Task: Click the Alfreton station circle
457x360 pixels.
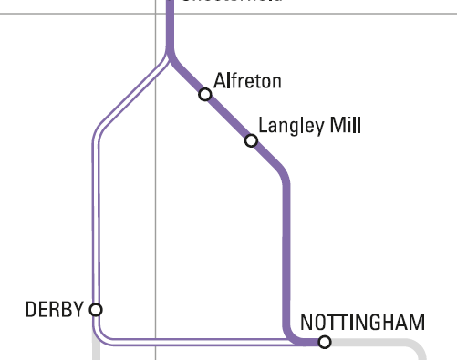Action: coord(205,94)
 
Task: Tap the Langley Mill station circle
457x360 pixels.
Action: coord(251,140)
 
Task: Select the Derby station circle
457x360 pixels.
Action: coord(96,309)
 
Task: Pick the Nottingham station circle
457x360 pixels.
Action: coord(324,342)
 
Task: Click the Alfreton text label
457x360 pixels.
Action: coord(247,81)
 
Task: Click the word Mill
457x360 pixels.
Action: coord(347,125)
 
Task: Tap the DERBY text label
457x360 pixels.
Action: coord(54,310)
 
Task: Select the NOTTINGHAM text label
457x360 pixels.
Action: coord(362,323)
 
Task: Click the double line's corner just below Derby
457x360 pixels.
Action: coord(99,338)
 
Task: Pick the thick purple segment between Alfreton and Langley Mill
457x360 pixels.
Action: coord(228,117)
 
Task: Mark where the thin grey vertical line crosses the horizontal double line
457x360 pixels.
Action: coord(156,342)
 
